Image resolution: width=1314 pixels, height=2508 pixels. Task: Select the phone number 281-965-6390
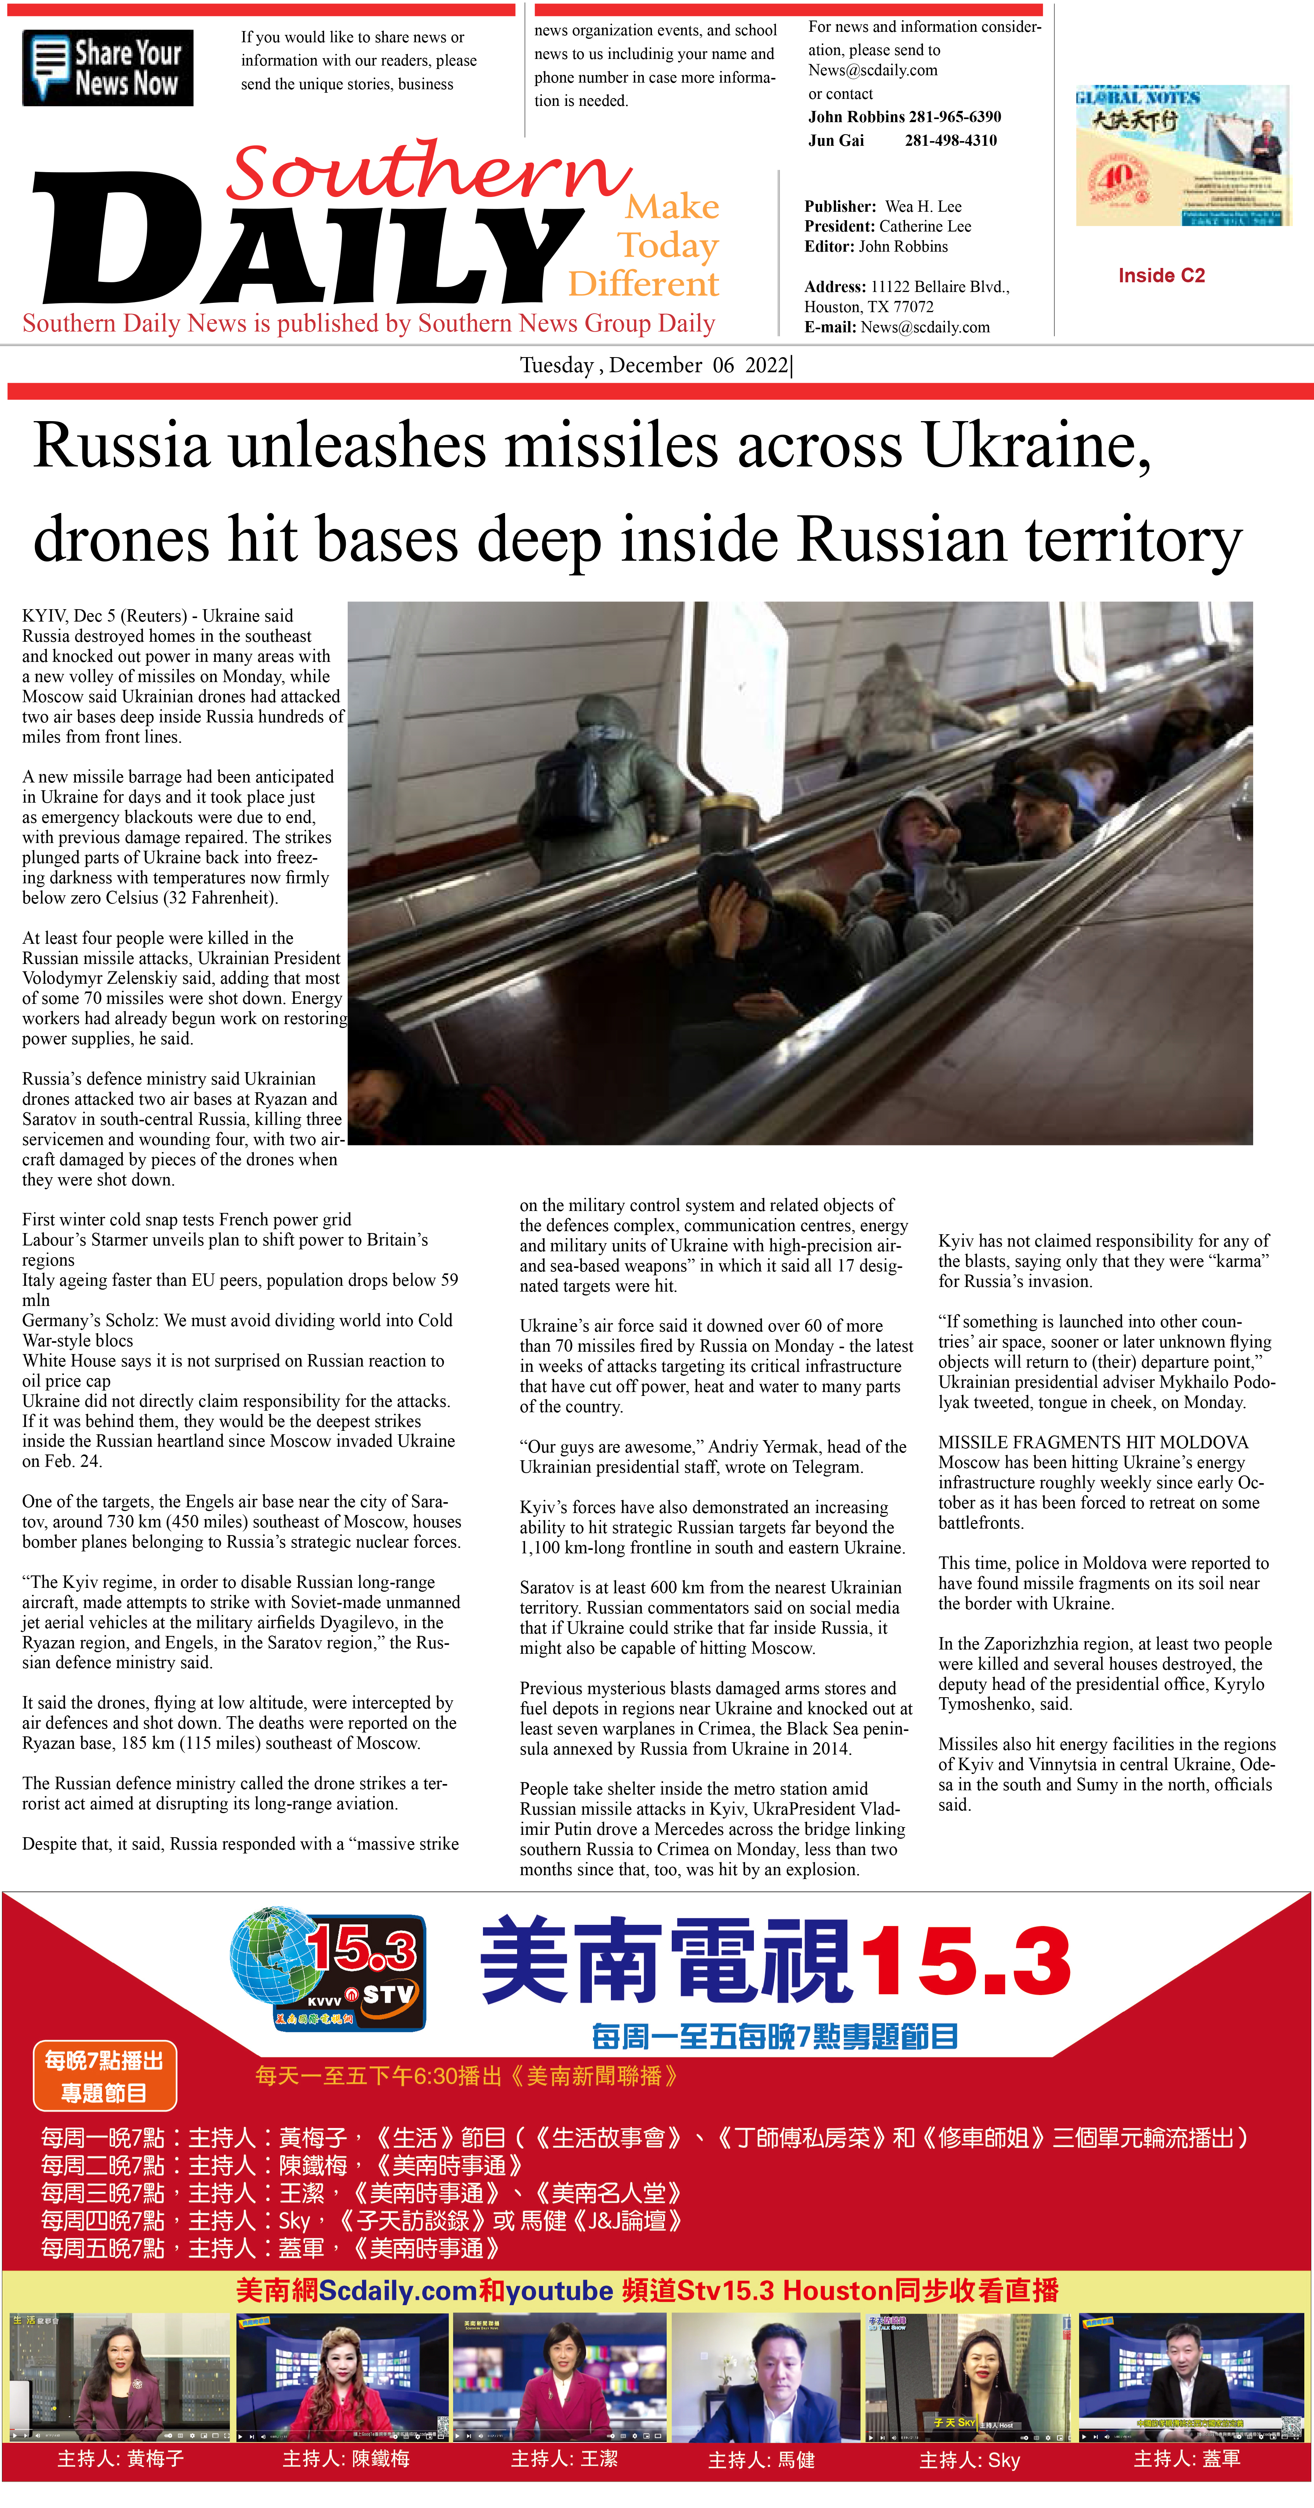point(954,117)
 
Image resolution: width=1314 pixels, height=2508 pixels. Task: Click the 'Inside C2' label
point(1161,276)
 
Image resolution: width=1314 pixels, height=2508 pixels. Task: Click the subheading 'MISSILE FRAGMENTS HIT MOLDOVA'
point(1093,1442)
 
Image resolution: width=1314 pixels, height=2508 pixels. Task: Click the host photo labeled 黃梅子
point(120,2378)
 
